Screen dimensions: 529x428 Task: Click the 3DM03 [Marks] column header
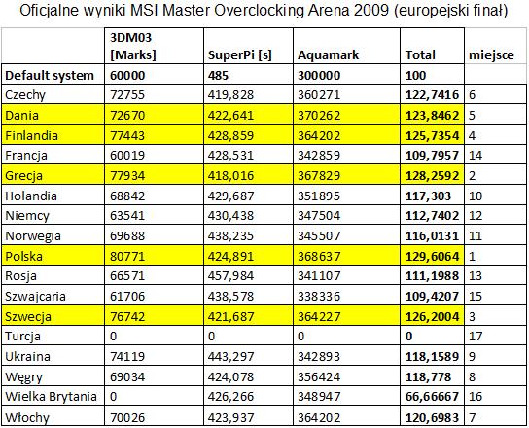pos(133,47)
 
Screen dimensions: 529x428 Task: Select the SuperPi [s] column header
pos(240,54)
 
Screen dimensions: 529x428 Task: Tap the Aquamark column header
pos(328,55)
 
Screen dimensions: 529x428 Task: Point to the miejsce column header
pos(491,55)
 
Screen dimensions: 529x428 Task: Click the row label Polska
pos(24,256)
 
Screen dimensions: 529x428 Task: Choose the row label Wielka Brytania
pos(51,396)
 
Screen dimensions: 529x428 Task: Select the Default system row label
pos(50,75)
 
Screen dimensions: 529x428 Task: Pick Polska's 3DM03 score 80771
pos(127,256)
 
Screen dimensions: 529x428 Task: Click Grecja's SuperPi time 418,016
pos(230,175)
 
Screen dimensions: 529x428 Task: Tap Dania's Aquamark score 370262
pos(319,116)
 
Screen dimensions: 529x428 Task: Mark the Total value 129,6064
pos(432,256)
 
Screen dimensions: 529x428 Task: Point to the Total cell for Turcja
pos(408,337)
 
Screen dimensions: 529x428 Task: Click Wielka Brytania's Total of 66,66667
pos(432,396)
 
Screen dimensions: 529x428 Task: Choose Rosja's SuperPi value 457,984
pos(230,276)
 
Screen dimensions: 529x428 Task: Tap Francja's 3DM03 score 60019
pos(127,156)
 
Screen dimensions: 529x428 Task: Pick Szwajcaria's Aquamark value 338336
pos(319,296)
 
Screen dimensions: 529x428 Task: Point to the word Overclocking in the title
pos(259,11)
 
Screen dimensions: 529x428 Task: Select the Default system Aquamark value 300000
pos(319,75)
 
